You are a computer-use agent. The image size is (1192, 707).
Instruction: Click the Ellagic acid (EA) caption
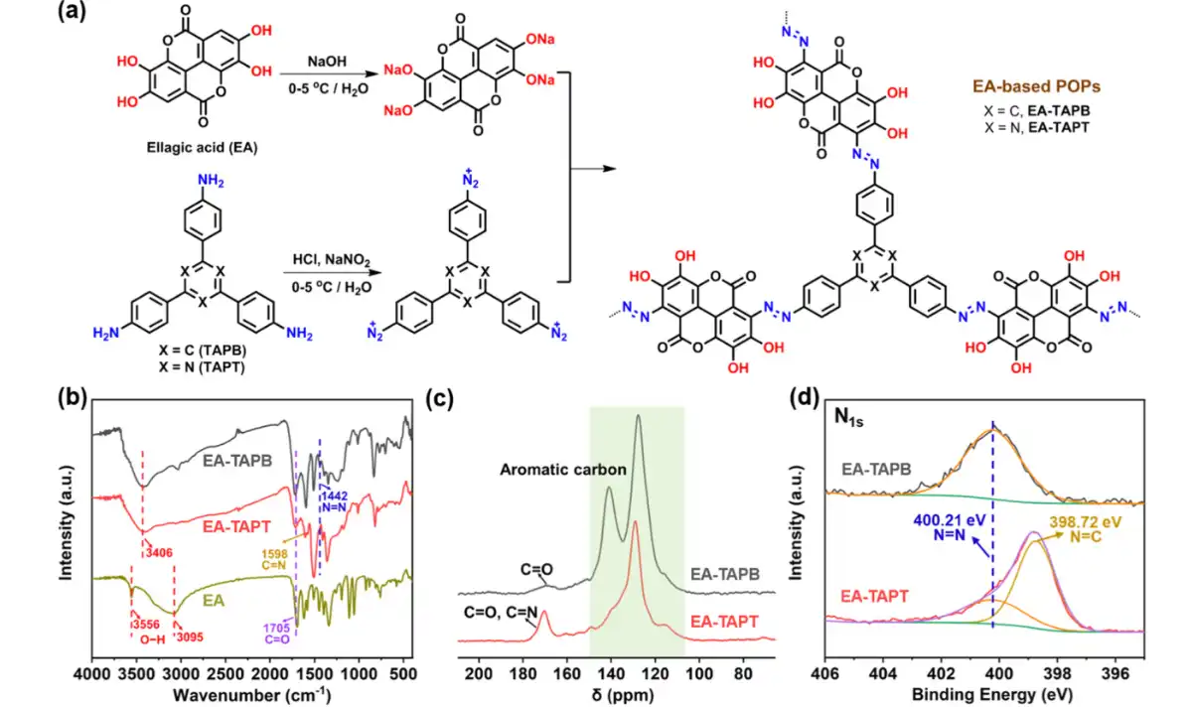tap(190, 148)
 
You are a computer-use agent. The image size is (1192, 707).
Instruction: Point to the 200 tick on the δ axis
tap(479, 676)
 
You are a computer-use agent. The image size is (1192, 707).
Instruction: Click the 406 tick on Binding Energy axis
tap(826, 676)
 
